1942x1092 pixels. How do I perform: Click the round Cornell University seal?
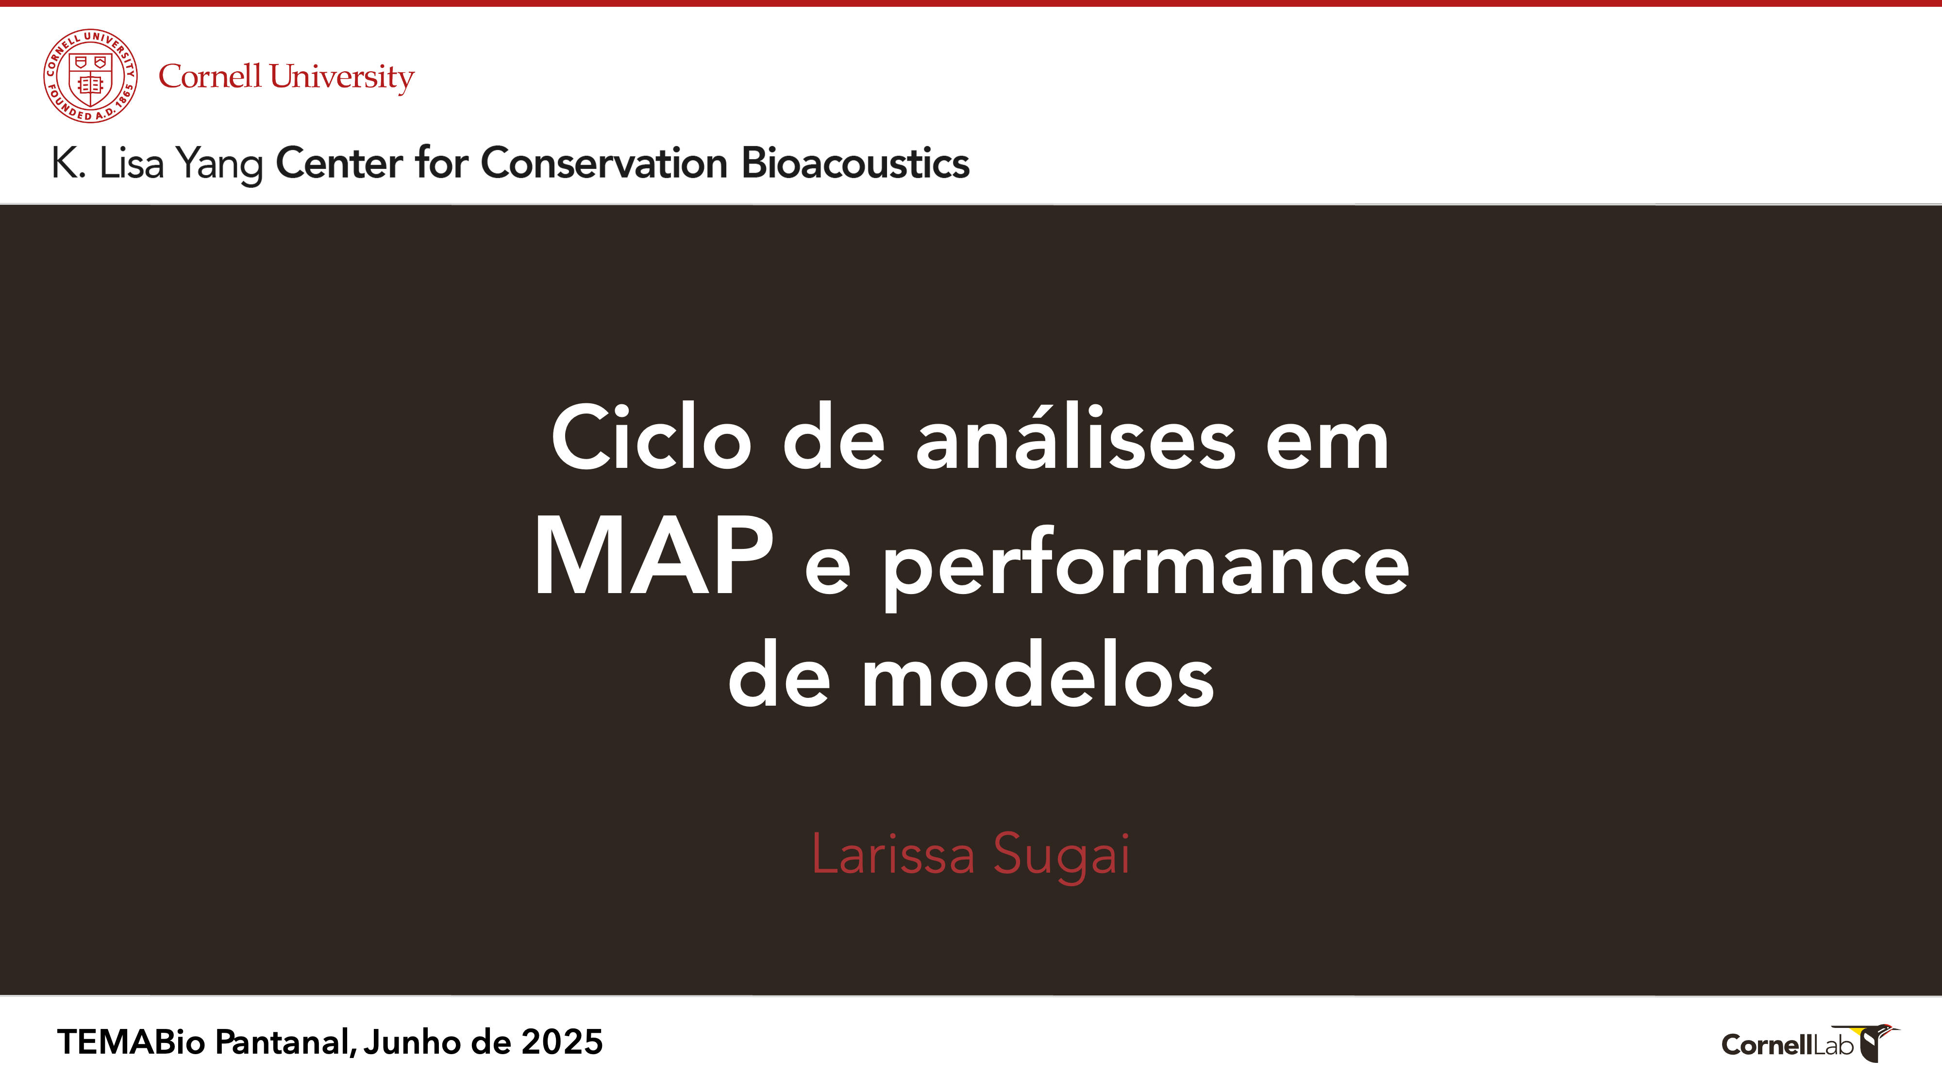point(90,76)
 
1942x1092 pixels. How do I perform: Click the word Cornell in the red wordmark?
point(210,76)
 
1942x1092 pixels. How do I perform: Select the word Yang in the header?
point(219,165)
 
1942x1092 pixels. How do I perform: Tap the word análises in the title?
point(1076,437)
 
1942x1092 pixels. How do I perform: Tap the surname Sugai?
point(1061,858)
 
